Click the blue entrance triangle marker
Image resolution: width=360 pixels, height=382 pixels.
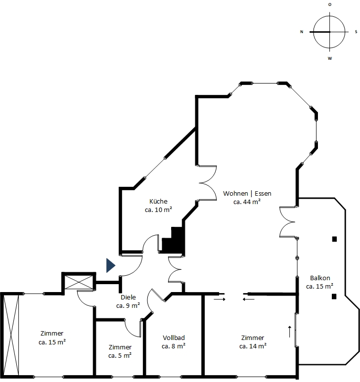tap(110, 265)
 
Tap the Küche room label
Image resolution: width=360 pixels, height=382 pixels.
tap(158, 202)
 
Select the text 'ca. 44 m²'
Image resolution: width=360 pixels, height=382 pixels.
tap(247, 202)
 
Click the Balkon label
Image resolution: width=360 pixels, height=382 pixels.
tap(320, 278)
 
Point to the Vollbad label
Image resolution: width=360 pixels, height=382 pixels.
tap(174, 338)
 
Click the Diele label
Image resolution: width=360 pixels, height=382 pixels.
tap(128, 297)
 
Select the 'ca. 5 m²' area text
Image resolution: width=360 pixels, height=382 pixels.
tap(120, 356)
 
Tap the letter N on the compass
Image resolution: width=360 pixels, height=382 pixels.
tap(302, 32)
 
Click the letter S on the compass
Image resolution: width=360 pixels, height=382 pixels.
tap(356, 32)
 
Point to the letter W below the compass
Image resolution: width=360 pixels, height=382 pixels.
tap(330, 58)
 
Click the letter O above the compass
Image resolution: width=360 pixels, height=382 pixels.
tap(330, 4)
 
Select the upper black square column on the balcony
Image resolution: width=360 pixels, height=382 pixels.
tap(334, 239)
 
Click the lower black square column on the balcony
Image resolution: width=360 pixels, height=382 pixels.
tap(334, 297)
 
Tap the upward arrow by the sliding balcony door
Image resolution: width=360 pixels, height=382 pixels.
tap(290, 332)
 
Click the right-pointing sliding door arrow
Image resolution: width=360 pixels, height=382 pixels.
tap(220, 299)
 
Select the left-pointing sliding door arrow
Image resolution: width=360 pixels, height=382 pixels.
tap(249, 299)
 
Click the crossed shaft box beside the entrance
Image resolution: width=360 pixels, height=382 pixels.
tap(79, 282)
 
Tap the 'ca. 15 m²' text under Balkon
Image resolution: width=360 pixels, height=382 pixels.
tap(320, 287)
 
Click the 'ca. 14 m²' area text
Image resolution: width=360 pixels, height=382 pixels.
tap(253, 346)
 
